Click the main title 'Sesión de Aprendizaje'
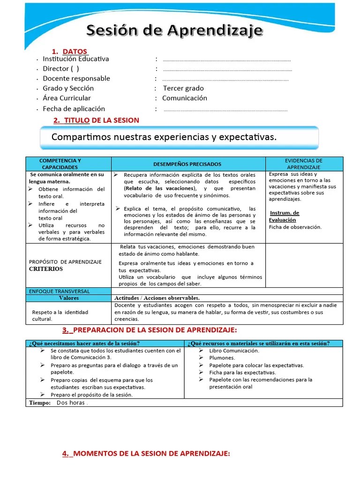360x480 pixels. [x=174, y=31]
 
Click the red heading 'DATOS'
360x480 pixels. [x=75, y=51]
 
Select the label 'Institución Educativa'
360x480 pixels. [x=75, y=59]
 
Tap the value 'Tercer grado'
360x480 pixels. [x=183, y=88]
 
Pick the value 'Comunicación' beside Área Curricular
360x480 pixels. [x=184, y=98]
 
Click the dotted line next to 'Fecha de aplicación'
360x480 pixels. [x=225, y=110]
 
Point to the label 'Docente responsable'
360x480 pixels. [x=76, y=78]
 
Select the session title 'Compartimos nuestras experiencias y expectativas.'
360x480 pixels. [x=164, y=137]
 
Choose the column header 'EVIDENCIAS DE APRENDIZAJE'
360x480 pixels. [x=304, y=164]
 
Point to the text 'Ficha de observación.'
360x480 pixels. [x=295, y=227]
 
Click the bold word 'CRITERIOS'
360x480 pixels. [x=45, y=269]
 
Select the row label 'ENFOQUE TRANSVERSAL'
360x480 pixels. [x=59, y=291]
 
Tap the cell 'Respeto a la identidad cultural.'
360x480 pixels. [x=60, y=315]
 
